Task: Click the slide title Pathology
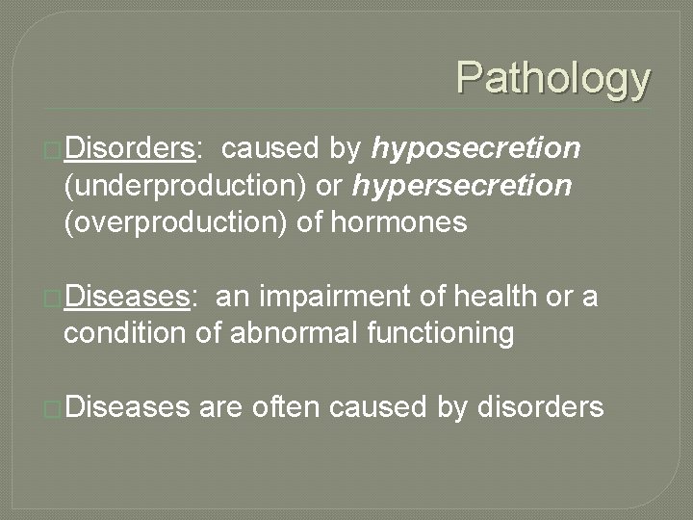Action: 553,78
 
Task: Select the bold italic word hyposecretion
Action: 476,149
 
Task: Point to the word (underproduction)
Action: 180,186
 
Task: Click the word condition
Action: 124,335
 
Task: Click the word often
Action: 286,408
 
